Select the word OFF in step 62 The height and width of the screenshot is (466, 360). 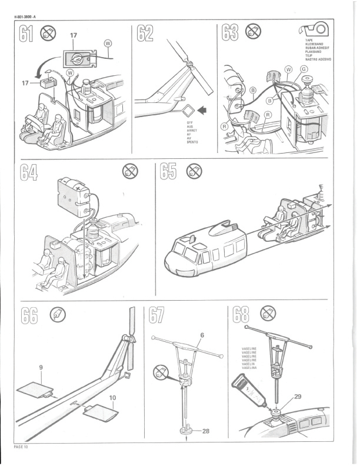pos(190,123)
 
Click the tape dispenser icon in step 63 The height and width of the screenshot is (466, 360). pos(316,30)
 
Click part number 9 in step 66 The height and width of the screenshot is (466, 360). pos(41,367)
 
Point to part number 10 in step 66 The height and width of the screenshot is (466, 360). pos(112,398)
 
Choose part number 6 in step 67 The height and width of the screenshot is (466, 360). pos(201,334)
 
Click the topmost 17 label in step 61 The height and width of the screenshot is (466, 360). pos(74,36)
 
